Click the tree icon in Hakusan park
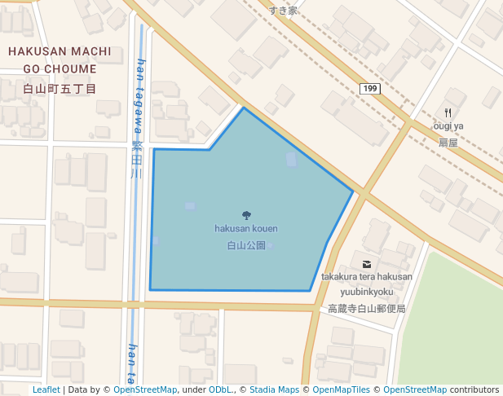click(247, 215)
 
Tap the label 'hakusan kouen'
click(246, 229)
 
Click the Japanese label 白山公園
click(246, 244)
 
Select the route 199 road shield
click(370, 88)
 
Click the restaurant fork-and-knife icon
click(448, 112)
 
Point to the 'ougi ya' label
click(448, 126)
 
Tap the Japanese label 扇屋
click(448, 142)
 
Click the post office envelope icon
click(366, 264)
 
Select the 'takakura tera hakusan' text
click(366, 277)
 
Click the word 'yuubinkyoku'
click(367, 292)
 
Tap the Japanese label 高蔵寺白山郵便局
click(366, 309)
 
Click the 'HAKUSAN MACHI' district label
click(60, 51)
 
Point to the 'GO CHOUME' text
click(60, 69)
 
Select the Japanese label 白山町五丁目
click(60, 88)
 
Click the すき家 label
click(283, 11)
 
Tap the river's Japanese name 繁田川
click(136, 160)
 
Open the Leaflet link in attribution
click(46, 390)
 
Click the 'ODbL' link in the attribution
click(219, 390)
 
